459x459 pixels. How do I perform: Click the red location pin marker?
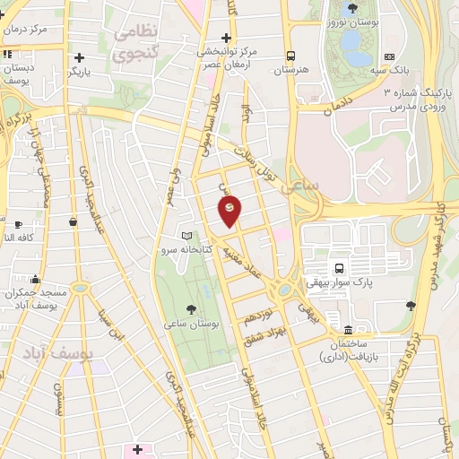pyautogui.click(x=229, y=210)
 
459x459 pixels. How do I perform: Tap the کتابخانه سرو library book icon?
pyautogui.click(x=186, y=236)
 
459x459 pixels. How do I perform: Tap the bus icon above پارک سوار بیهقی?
pyautogui.click(x=339, y=268)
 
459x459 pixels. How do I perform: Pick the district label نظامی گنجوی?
pyautogui.click(x=135, y=42)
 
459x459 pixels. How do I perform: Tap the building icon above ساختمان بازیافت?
pyautogui.click(x=347, y=328)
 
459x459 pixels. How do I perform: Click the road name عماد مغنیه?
pyautogui.click(x=246, y=258)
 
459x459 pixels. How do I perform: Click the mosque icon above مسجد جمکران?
pyautogui.click(x=35, y=279)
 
